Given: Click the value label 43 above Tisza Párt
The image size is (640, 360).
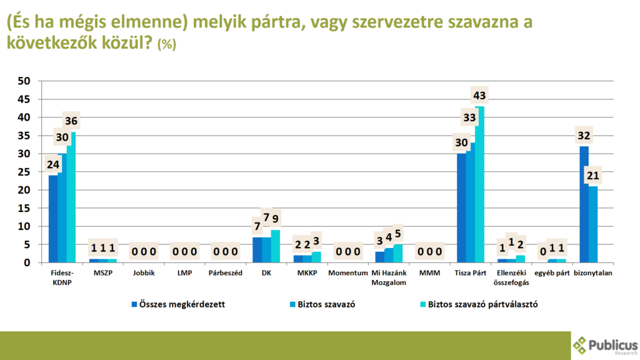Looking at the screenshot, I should click(x=480, y=96).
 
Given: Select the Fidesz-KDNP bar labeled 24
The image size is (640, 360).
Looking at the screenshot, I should click(x=53, y=219).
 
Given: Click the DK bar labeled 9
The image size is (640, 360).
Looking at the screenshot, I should click(x=276, y=246).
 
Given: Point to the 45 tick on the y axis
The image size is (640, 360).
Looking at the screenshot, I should click(x=24, y=99).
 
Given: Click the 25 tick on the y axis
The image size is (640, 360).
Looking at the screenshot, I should click(x=24, y=172).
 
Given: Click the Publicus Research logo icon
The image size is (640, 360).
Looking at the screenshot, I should click(x=580, y=344).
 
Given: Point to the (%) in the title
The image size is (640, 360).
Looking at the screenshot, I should click(x=167, y=45).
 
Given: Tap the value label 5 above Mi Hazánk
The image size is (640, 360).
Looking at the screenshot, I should click(x=399, y=234).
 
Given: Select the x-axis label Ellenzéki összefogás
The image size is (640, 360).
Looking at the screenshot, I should click(x=512, y=277).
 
